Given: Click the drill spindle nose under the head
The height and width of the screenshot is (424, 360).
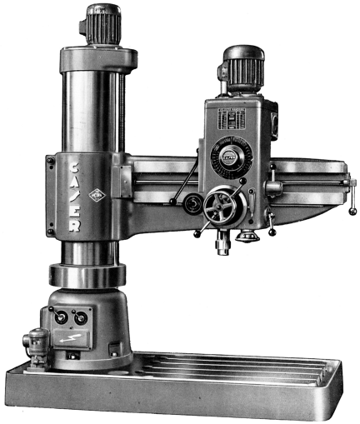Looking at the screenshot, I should [222, 245].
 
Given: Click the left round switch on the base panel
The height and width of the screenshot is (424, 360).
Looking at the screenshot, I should [61, 317].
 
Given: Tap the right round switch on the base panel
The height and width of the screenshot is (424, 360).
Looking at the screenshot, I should [80, 317].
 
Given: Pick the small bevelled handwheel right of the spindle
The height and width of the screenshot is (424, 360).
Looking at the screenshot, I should [245, 237].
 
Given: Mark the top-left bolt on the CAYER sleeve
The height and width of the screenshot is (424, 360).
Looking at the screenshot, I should [52, 159].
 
